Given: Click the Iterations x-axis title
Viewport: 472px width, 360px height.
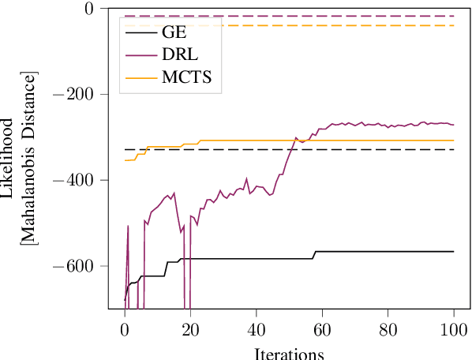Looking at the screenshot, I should (x=289, y=352).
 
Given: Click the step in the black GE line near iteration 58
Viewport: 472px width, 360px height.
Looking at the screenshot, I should (x=314, y=254).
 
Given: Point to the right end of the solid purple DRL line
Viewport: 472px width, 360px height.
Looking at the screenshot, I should (x=453, y=125).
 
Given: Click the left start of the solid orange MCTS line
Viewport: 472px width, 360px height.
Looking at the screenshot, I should (x=125, y=160).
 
